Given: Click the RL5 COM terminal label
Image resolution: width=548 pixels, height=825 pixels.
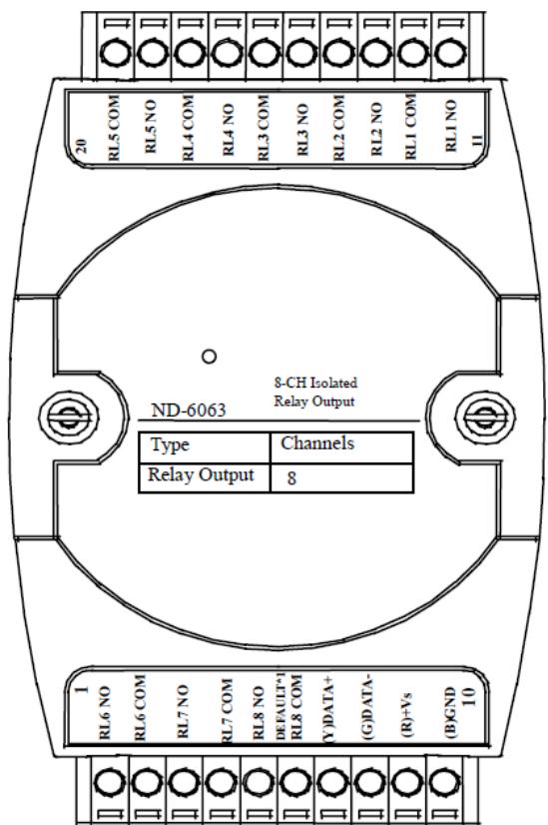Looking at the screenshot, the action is coord(114,127).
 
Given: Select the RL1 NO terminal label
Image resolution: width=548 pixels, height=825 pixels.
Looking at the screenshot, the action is coord(451,126).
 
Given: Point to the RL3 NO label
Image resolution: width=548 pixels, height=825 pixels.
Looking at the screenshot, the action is coord(302,130).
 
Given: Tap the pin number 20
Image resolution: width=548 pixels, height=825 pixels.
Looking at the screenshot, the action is coord(82,146).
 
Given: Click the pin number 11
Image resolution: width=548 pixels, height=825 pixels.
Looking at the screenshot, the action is coord(477,141).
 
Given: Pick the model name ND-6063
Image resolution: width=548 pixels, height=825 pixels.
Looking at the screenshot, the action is coord(189,410).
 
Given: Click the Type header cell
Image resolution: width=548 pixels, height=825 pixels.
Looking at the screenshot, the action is coord(205,447).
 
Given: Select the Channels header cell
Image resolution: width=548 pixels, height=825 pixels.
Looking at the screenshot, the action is coord(341,447).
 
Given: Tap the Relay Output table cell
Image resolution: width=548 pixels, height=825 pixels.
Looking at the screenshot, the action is coord(205,477).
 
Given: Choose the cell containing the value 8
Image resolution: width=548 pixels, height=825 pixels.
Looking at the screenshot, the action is coord(341,477).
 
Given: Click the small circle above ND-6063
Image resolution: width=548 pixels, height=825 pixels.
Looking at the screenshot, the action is coord(209,357).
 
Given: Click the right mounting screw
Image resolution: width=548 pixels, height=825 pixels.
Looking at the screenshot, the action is coord(484,418).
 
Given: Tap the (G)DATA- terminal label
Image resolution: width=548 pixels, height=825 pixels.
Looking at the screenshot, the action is coord(368,708).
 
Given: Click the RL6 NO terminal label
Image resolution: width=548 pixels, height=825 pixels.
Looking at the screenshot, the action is coord(105,712).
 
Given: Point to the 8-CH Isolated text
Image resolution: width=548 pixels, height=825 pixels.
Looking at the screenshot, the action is coord(315,383).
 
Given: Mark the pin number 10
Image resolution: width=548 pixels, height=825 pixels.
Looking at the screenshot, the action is coord(469,697).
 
